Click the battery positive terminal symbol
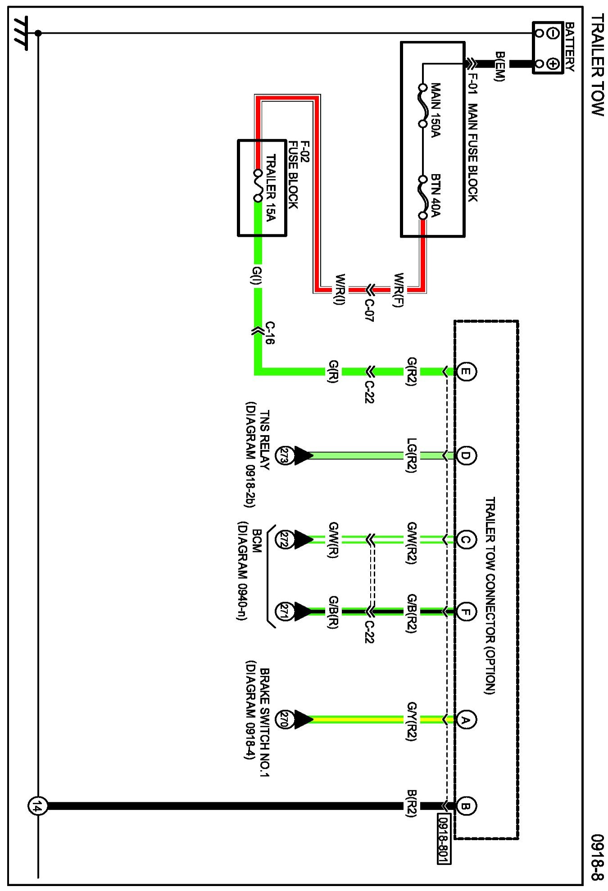click(554, 64)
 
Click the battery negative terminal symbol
click(554, 33)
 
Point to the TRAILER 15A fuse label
click(270, 188)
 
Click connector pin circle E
click(466, 372)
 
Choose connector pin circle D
click(466, 455)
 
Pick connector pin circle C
click(466, 539)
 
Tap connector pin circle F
click(466, 612)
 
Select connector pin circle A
click(466, 720)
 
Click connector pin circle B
click(466, 806)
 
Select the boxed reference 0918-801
click(444, 838)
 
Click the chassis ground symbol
click(20, 33)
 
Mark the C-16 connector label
click(269, 333)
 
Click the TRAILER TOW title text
click(597, 65)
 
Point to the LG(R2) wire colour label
click(412, 455)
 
